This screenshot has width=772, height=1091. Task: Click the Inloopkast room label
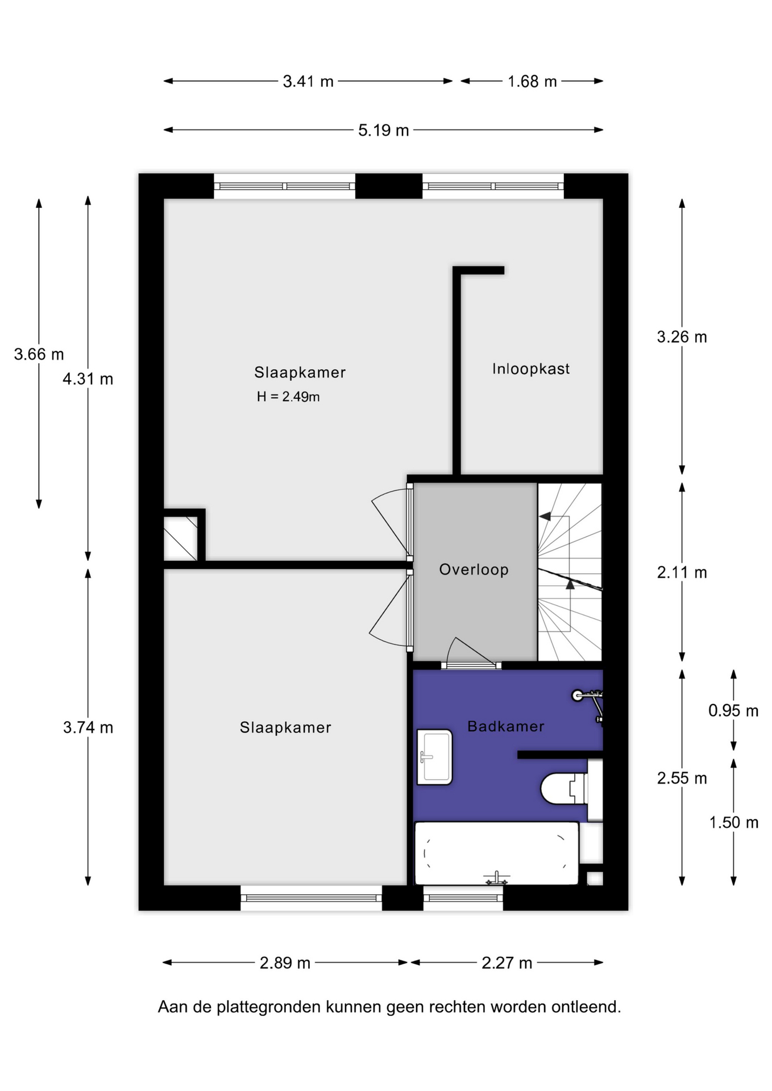[530, 369]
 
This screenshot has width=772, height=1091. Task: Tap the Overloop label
[474, 569]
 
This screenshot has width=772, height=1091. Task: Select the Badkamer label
[505, 726]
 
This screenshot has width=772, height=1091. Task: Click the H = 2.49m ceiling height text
[288, 397]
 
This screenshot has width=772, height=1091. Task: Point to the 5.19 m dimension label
[383, 130]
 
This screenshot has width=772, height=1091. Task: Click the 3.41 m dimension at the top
[308, 81]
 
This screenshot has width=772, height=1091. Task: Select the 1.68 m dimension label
[532, 81]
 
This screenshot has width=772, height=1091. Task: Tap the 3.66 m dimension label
[39, 354]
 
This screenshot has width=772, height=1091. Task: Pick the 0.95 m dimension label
[733, 710]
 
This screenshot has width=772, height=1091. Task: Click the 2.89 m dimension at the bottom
[285, 963]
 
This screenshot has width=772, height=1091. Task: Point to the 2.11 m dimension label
[682, 572]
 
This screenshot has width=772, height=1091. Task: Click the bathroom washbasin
[435, 757]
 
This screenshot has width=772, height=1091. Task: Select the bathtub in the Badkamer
[497, 853]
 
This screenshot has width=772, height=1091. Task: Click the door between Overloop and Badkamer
[471, 665]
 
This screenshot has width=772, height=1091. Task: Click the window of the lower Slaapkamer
[311, 898]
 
